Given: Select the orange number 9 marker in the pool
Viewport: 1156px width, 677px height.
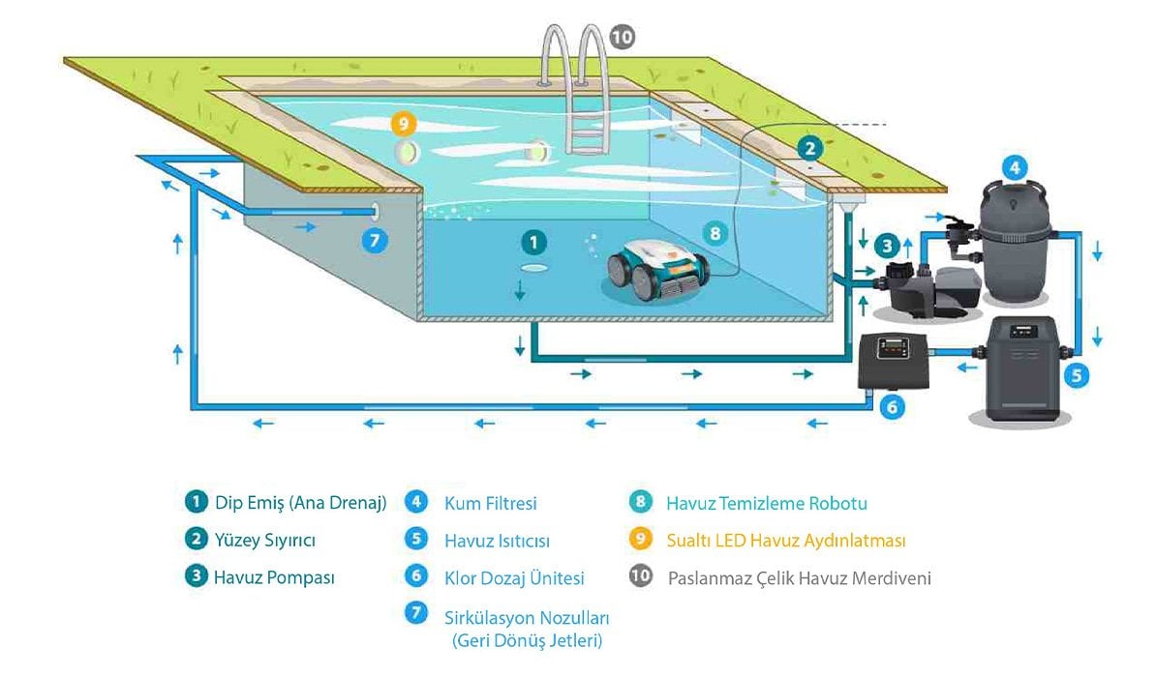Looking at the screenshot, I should (403, 124).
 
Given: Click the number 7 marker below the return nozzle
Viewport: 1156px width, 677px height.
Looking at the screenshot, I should (374, 239).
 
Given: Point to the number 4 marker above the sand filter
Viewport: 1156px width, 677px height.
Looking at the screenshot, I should (1013, 166).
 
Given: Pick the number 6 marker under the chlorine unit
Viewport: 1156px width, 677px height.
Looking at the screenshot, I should (893, 407).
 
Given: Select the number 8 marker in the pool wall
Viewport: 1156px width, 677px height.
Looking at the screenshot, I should (715, 233).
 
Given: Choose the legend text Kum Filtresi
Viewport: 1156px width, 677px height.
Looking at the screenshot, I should (490, 503).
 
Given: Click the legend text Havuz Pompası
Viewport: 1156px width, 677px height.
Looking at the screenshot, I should (274, 577).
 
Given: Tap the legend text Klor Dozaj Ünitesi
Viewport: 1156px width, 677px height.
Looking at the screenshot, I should (514, 578).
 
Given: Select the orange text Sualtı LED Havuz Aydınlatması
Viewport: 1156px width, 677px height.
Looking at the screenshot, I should (786, 541).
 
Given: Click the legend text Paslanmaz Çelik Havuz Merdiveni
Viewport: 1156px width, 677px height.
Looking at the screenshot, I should (799, 578).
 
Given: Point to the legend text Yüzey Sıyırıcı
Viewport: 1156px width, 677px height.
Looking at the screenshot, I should (264, 540).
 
